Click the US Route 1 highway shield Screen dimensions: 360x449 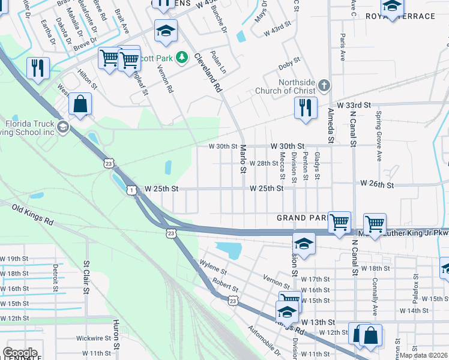click(x=131, y=190)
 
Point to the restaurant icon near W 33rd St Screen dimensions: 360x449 click(x=306, y=108)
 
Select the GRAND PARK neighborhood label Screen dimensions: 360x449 click(x=300, y=217)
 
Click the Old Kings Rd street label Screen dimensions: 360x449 click(x=33, y=214)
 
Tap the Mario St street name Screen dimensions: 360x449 click(x=243, y=159)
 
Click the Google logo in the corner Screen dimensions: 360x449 click(x=20, y=353)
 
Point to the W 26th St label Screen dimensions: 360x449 click(x=377, y=183)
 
